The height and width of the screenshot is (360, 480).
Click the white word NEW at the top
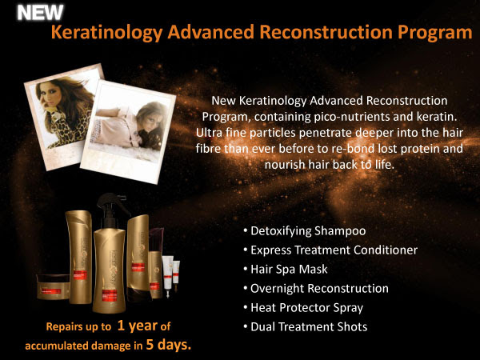click(40, 13)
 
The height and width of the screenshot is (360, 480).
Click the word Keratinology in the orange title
click(106, 32)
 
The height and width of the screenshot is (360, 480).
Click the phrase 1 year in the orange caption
click(137, 326)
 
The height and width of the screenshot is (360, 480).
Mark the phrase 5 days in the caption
click(167, 345)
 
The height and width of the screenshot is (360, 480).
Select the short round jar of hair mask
click(53, 287)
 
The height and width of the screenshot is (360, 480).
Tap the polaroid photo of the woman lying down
click(128, 132)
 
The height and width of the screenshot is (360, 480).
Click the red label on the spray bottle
click(110, 295)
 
